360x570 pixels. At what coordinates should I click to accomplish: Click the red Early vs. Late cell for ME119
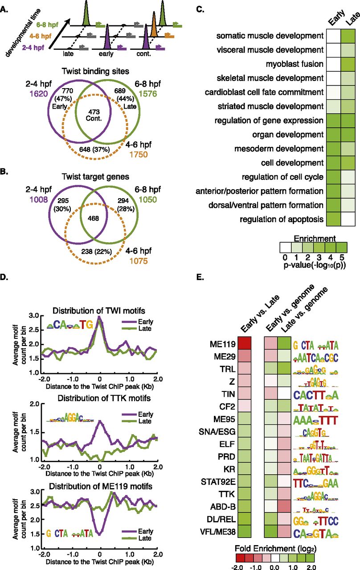pos(245,344)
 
